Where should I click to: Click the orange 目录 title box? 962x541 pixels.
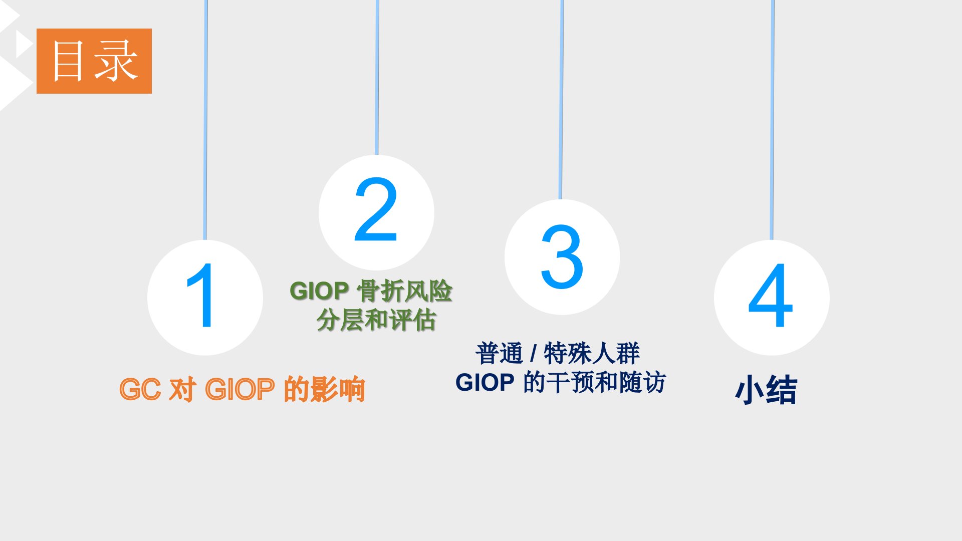click(94, 61)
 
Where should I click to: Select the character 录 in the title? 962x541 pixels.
click(117, 61)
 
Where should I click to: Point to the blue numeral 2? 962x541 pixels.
click(376, 209)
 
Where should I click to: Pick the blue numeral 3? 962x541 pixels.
click(562, 256)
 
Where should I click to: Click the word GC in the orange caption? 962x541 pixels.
click(140, 390)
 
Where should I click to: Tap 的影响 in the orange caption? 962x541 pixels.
click(324, 390)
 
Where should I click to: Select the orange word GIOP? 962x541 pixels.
click(240, 390)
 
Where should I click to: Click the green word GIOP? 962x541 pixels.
click(319, 291)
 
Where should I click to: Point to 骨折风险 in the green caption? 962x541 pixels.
click(404, 291)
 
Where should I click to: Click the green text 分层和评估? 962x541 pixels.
click(376, 320)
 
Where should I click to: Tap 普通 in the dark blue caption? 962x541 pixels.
click(500, 354)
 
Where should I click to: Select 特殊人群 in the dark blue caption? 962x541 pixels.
click(592, 354)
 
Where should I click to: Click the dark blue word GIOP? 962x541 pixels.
click(485, 383)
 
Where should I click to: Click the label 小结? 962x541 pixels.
click(766, 390)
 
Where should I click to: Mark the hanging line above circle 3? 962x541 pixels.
click(561, 100)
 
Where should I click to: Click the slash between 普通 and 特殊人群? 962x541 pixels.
click(534, 354)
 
